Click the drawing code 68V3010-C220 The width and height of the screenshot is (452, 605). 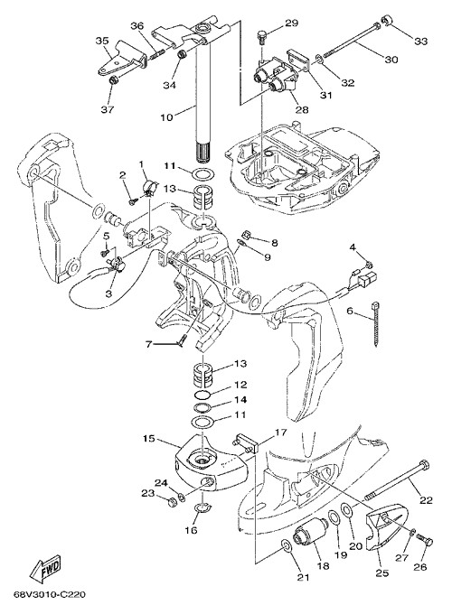coord(49,594)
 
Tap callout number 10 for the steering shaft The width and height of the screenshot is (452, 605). coord(167,116)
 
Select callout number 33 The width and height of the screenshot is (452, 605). coord(420,41)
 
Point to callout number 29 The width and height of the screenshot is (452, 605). coord(292,23)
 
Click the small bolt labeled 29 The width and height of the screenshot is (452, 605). coord(262,37)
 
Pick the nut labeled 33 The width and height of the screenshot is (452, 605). coord(387,19)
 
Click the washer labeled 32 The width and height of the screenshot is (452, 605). coord(320,59)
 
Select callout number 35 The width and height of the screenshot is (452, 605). coord(102,41)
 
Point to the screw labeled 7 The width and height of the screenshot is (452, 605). coord(182,340)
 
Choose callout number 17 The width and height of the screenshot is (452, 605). coord(281,433)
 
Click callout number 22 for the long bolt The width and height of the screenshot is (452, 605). coord(426,499)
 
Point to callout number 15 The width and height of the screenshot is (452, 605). coord(149,439)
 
